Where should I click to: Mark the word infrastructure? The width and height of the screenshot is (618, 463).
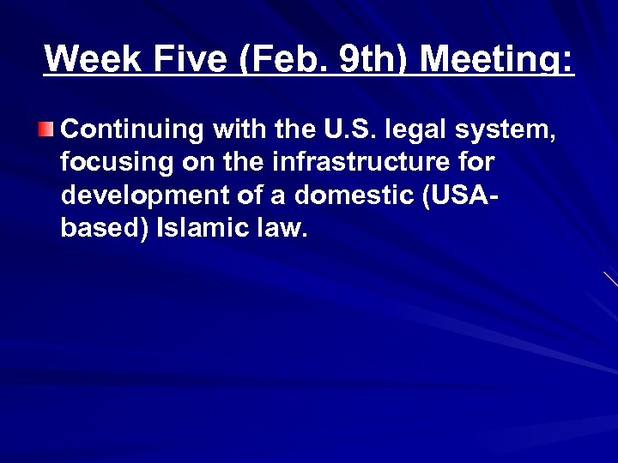click(x=359, y=162)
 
